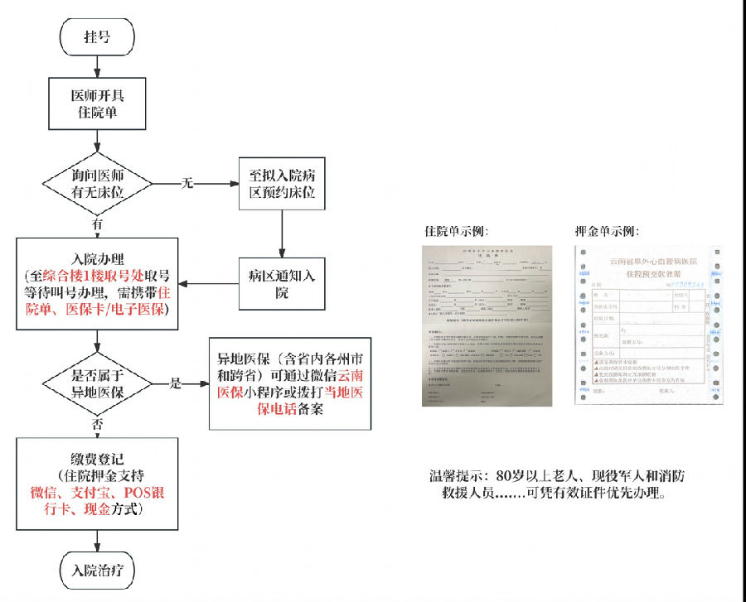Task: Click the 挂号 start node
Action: click(97, 37)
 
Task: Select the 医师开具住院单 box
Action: click(99, 103)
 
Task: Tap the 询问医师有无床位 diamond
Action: click(99, 183)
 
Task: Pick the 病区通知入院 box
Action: click(282, 282)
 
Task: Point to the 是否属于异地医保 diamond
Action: click(97, 383)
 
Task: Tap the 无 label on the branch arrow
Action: click(187, 182)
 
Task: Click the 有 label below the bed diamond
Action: click(98, 224)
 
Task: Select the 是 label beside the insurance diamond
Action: click(175, 383)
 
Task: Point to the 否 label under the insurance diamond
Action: click(98, 423)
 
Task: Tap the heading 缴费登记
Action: click(98, 457)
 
